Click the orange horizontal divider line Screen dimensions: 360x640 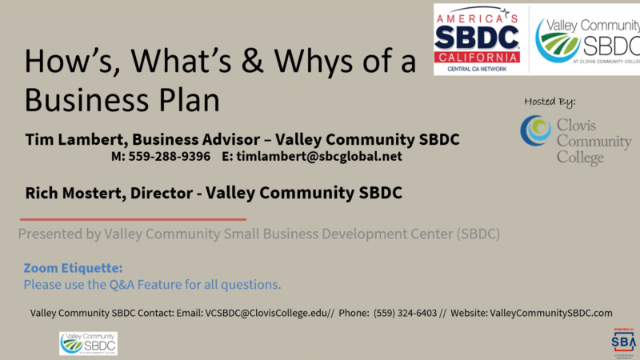133,219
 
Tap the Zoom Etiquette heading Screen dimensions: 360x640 73,268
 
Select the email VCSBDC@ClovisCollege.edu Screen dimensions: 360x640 267,313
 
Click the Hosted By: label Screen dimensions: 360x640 550,102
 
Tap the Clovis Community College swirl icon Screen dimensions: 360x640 535,130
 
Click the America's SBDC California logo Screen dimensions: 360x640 478,38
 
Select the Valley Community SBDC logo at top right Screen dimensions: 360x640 586,38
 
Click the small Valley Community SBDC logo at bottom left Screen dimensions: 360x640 88,343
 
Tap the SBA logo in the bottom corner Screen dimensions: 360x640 622,341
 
